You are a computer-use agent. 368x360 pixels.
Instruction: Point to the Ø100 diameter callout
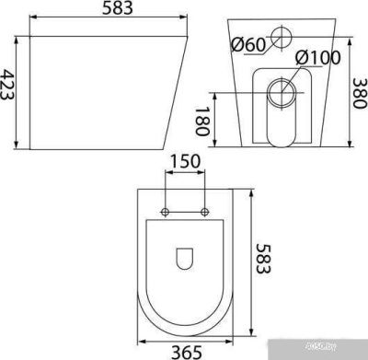(x=316, y=58)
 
